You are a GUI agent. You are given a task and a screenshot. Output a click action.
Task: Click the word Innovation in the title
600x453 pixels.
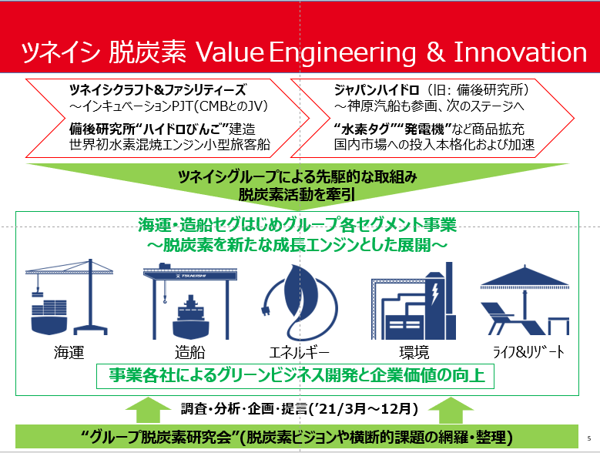(520, 52)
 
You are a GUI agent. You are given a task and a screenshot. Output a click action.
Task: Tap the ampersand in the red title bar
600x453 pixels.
(436, 52)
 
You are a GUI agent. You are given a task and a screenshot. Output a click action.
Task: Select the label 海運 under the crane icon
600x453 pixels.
(69, 352)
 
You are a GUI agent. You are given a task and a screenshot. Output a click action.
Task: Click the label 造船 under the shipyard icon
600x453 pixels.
(189, 352)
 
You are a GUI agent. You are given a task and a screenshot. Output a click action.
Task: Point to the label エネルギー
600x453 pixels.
(299, 352)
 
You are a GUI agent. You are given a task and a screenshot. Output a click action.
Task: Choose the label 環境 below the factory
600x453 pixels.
(414, 352)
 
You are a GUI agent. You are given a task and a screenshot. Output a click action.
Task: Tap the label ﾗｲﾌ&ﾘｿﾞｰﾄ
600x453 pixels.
(529, 352)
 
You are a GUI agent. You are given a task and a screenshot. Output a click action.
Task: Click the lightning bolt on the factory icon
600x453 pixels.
(435, 294)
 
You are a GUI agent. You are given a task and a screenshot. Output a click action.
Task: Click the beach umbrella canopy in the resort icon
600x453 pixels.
(525, 277)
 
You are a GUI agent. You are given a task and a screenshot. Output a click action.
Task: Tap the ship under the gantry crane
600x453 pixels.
(191, 317)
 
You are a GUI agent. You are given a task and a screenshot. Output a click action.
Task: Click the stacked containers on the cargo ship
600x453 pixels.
(49, 308)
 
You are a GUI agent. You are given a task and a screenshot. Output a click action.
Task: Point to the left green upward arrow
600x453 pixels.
(148, 410)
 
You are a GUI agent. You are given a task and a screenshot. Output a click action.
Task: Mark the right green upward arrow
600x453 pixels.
(451, 410)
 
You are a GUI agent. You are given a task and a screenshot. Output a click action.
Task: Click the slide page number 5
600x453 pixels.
(589, 438)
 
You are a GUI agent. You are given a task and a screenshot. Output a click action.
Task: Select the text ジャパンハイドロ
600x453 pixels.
(377, 90)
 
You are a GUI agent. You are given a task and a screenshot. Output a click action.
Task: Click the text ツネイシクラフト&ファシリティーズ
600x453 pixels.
(158, 90)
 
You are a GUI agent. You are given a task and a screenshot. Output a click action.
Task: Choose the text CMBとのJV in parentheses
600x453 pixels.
(231, 106)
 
